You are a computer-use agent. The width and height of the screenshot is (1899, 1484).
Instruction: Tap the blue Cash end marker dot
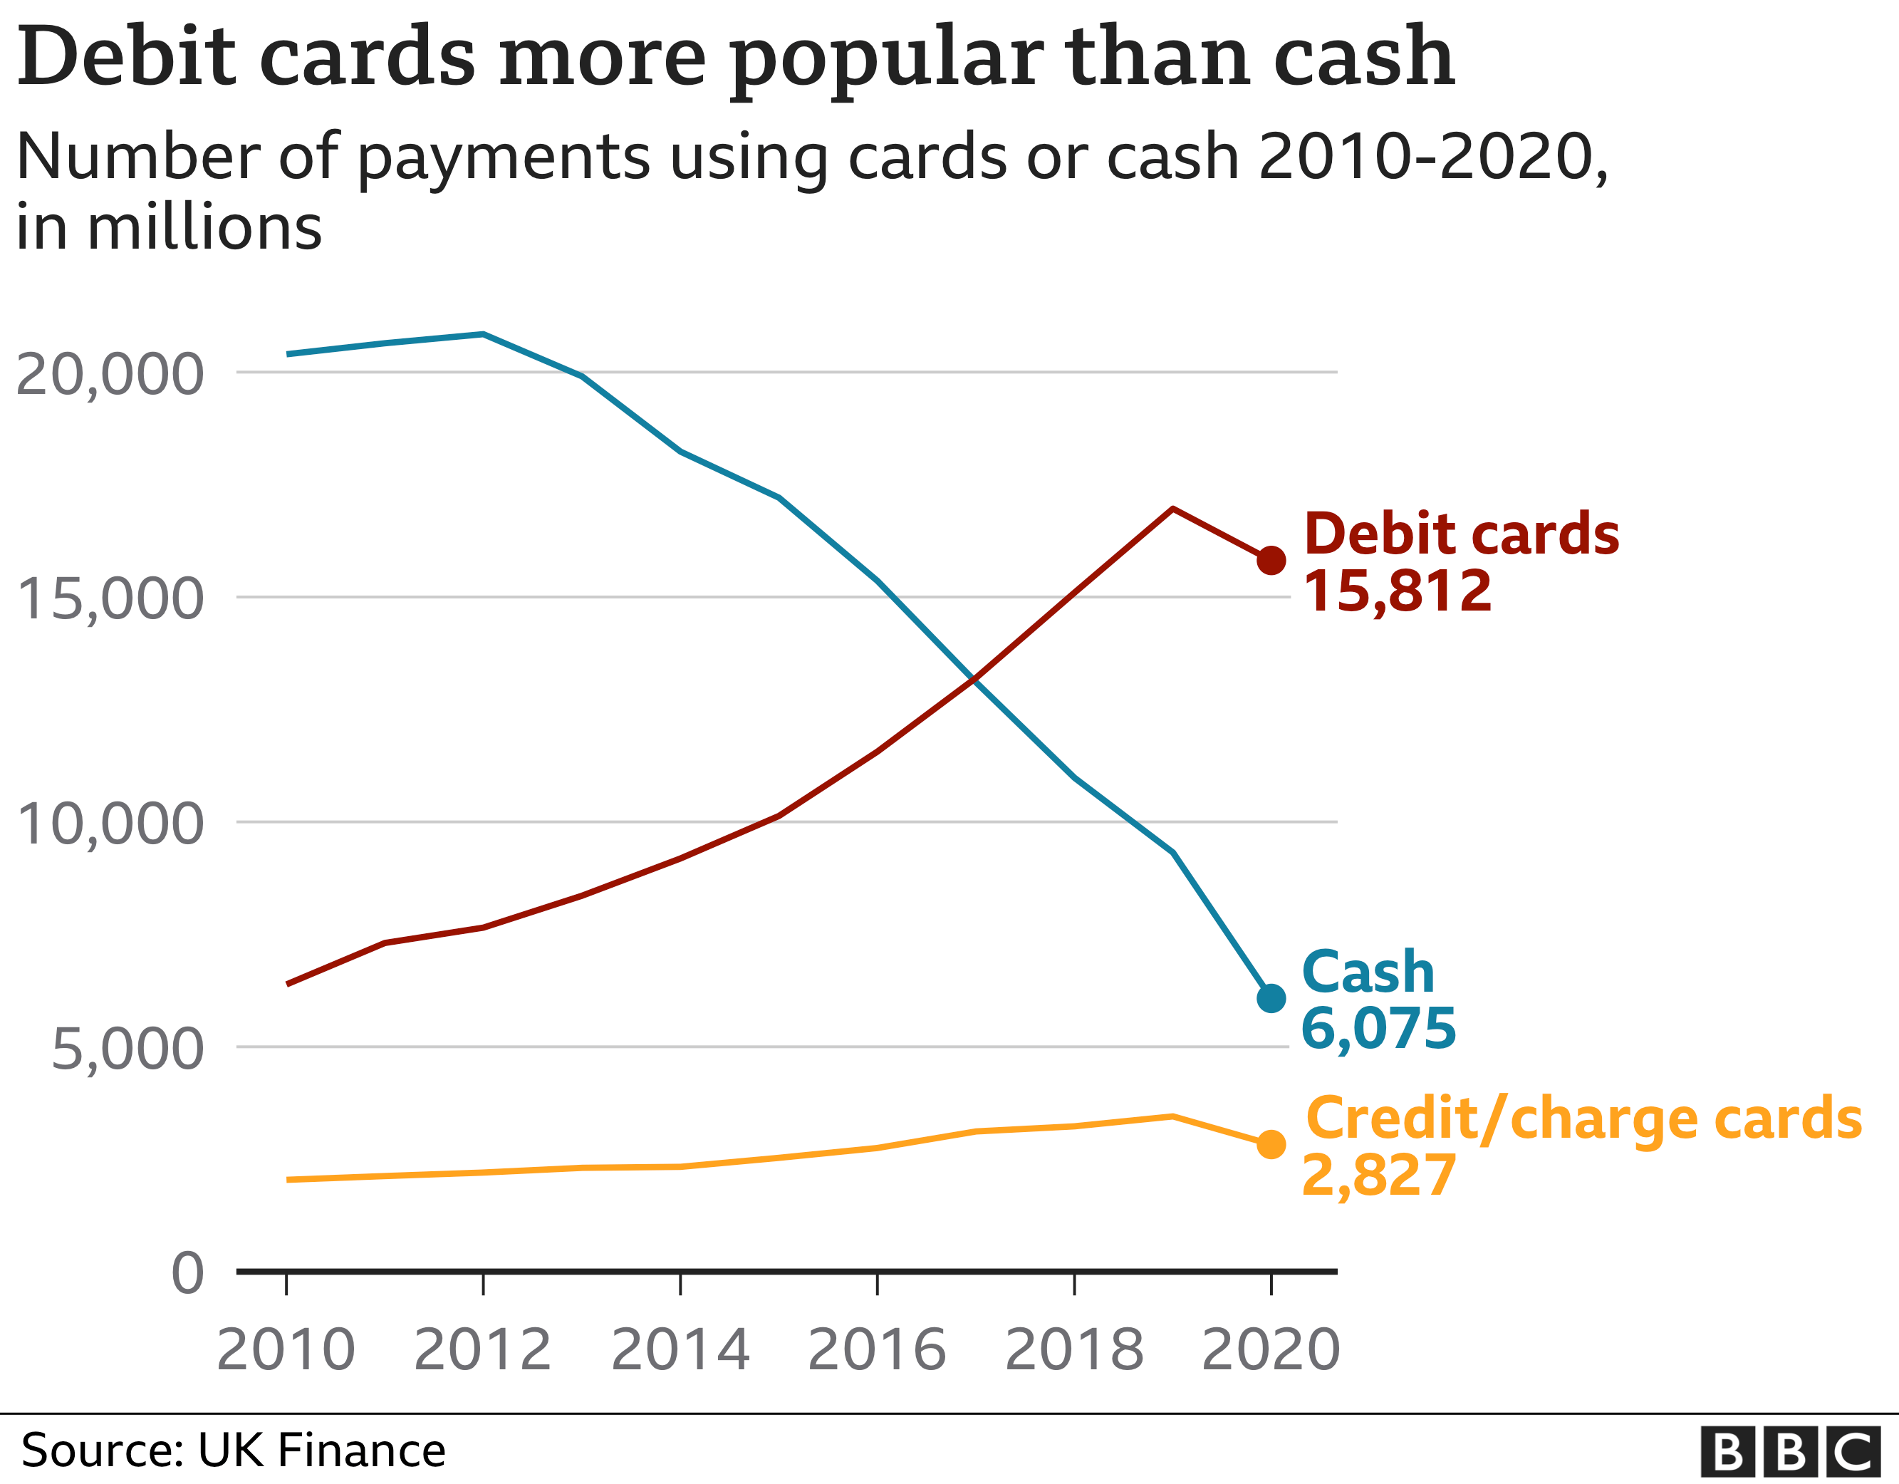(1271, 997)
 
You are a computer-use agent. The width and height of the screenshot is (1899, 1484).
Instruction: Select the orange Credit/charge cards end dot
(1271, 1144)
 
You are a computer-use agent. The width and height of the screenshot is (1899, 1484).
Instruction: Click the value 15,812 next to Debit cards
(1398, 591)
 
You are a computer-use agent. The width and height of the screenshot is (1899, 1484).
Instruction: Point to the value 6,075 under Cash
(1378, 1028)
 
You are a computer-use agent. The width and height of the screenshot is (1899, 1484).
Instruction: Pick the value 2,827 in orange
(1378, 1176)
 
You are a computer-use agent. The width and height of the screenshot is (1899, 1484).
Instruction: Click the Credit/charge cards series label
(1583, 1119)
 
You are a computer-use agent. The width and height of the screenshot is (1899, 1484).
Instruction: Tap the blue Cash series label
(1368, 972)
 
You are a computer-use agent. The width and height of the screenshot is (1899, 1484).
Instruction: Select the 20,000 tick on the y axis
(110, 375)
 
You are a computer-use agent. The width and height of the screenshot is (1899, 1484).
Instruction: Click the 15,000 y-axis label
(110, 599)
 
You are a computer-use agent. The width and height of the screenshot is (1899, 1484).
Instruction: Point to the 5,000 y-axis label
(128, 1050)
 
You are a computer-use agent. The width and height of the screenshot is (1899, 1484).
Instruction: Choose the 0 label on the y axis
(188, 1274)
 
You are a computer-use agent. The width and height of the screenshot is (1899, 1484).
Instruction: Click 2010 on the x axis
(286, 1349)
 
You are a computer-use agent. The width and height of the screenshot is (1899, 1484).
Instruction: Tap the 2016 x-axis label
(876, 1349)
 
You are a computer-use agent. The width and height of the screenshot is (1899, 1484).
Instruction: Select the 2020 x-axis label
(1270, 1349)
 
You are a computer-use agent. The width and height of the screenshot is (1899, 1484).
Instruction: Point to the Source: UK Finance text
(233, 1450)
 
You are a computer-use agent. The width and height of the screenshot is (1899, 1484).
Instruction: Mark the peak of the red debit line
(1173, 508)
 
